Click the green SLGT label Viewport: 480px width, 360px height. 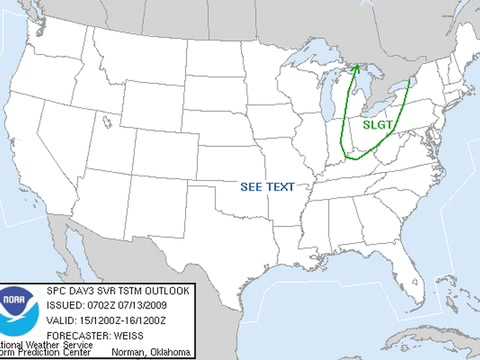pyautogui.click(x=378, y=124)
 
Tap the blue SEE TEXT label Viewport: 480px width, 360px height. pyautogui.click(x=267, y=187)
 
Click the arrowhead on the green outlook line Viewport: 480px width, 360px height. pyautogui.click(x=356, y=70)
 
